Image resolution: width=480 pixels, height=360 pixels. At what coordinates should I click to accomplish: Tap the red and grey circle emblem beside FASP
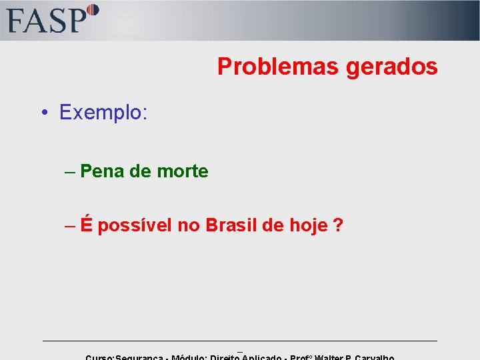coord(92,11)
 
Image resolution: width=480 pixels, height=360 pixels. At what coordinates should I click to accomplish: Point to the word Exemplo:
coord(103,112)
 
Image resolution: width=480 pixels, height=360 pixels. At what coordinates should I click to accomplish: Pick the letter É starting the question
coord(87,225)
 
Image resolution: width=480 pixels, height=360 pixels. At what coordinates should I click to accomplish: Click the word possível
coord(135,226)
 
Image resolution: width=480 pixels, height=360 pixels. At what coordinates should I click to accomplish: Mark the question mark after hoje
coord(339,225)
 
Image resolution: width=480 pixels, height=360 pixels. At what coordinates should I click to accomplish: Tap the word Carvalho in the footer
coord(380,357)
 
